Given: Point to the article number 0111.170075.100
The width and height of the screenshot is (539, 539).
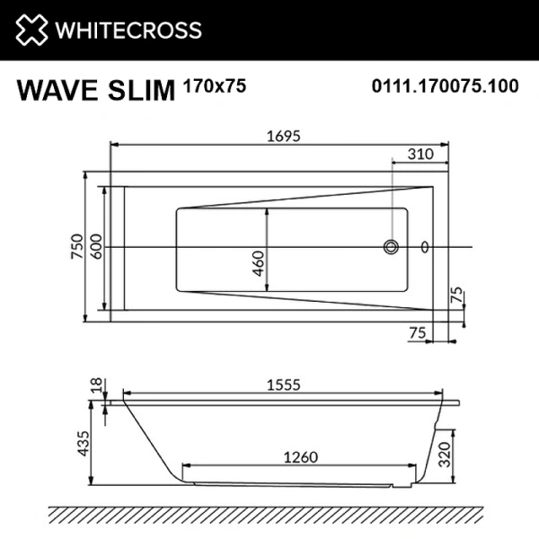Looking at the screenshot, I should [x=446, y=88].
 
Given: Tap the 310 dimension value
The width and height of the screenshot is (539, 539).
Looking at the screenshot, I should [x=419, y=154].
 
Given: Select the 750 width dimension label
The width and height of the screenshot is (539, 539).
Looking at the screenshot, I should [x=77, y=246].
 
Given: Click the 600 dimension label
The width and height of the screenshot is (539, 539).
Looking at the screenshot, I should [x=96, y=246].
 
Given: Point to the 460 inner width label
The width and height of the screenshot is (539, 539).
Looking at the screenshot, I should [x=259, y=262].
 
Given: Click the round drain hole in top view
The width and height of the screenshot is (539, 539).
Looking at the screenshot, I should [x=391, y=246].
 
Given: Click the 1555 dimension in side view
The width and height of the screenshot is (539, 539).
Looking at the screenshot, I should [x=281, y=384].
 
